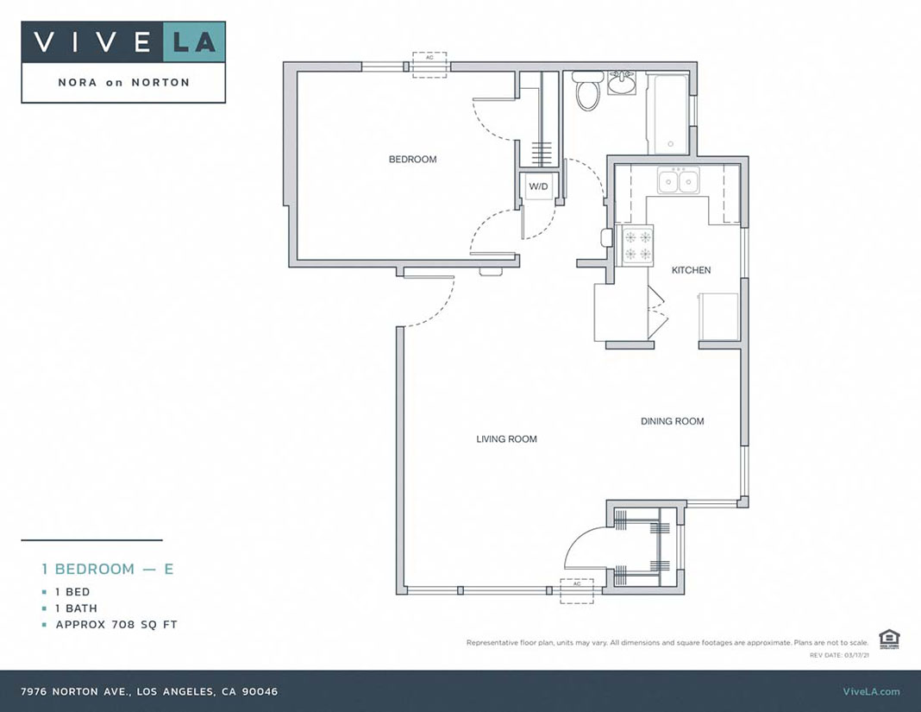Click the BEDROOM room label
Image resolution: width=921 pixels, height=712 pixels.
click(x=412, y=160)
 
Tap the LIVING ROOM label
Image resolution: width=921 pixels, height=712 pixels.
click(x=506, y=439)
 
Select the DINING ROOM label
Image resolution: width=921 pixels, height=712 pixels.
click(x=672, y=422)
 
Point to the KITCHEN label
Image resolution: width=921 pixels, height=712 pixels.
click(x=691, y=271)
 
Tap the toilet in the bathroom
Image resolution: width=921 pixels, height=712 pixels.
click(x=588, y=91)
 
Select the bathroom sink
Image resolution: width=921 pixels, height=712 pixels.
click(x=621, y=84)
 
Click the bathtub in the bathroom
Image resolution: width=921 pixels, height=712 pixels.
click(x=669, y=114)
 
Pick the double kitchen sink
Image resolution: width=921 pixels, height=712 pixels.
click(x=679, y=181)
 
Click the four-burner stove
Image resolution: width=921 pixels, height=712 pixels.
click(x=638, y=244)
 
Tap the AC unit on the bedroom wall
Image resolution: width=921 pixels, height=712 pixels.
click(x=429, y=66)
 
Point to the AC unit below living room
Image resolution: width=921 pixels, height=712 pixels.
click(x=578, y=589)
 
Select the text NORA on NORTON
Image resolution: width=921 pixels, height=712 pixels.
click(x=123, y=83)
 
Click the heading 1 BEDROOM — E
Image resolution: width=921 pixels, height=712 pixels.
click(x=108, y=569)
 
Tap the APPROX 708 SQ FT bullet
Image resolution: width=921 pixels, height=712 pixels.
click(x=116, y=625)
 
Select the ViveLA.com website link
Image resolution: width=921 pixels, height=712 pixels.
click(x=870, y=691)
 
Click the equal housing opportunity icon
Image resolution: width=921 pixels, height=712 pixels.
click(x=889, y=640)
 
